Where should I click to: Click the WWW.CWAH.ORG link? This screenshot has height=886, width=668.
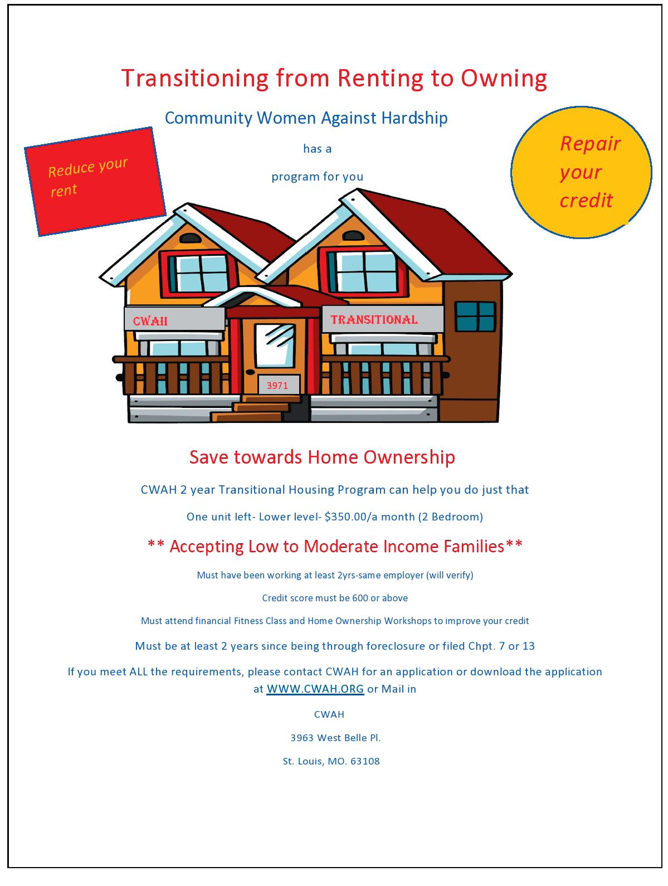[315, 689]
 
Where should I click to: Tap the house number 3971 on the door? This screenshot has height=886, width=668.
[277, 385]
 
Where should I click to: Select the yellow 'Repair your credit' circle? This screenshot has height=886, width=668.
[581, 172]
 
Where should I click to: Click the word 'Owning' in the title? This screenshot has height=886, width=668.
[503, 78]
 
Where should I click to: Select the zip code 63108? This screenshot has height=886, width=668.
[365, 761]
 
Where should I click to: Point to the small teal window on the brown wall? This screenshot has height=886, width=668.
[475, 317]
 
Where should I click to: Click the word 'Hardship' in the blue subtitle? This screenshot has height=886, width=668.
[414, 118]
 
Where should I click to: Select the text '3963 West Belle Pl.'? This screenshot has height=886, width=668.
[335, 738]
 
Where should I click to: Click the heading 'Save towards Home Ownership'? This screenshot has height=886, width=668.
[322, 457]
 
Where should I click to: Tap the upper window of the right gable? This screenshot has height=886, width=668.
[363, 268]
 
